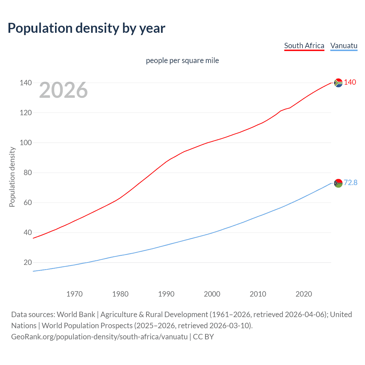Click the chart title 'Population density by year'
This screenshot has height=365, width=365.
click(86, 28)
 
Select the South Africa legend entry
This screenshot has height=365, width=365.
click(304, 46)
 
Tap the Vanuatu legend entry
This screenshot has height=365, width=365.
click(344, 46)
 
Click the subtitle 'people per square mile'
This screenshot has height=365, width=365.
click(182, 60)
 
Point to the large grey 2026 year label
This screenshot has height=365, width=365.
click(63, 90)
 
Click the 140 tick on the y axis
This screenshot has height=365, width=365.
click(26, 83)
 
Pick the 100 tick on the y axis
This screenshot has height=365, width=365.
click(26, 143)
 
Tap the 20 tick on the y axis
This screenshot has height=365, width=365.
click(27, 262)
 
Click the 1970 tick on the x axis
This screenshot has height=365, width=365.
click(74, 294)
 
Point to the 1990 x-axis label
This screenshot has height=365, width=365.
click(166, 294)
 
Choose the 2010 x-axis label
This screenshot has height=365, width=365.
click(258, 294)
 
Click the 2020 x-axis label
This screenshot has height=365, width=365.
click(304, 294)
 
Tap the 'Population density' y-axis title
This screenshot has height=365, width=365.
click(12, 177)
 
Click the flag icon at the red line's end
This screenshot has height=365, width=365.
click(338, 83)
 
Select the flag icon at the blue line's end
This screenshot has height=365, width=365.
click(338, 183)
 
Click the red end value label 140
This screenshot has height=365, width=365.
click(350, 82)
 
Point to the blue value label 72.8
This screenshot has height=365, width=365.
click(350, 182)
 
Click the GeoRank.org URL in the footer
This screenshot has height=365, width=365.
click(99, 337)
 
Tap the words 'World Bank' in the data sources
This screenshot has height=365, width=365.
click(76, 315)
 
